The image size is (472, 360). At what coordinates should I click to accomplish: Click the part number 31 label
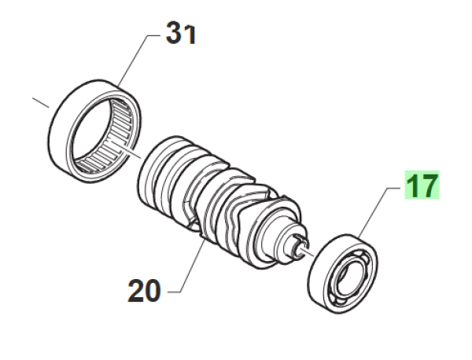(x=181, y=33)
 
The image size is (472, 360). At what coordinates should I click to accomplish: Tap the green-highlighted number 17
(x=422, y=185)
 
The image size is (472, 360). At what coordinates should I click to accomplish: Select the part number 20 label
(x=144, y=291)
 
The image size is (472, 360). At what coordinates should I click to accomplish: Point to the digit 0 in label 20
(x=153, y=291)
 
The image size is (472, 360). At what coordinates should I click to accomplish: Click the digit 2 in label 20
(x=136, y=291)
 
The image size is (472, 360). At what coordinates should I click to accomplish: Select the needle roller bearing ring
(x=95, y=131)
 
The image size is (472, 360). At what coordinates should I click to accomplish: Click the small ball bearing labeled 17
(x=342, y=274)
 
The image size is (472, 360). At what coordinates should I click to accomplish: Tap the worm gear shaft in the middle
(x=221, y=203)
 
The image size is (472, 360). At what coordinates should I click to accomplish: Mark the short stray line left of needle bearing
(x=41, y=102)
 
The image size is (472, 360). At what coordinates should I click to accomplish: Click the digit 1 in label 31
(x=190, y=35)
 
